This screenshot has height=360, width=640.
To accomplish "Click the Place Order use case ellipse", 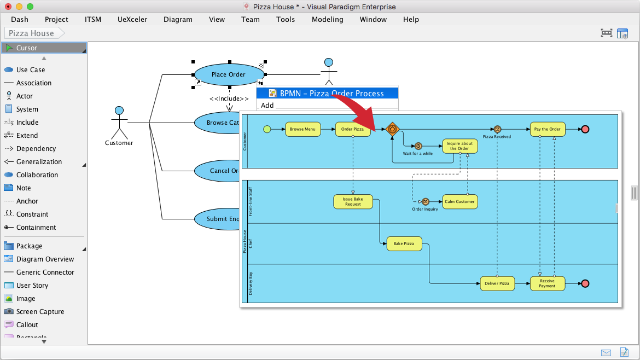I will click(x=229, y=74).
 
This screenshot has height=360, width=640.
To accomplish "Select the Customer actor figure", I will click(x=119, y=123).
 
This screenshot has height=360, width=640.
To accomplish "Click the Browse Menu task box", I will click(x=302, y=129).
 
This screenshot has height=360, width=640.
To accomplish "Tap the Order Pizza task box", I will click(x=352, y=129).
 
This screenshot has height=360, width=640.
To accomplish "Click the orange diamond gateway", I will click(x=392, y=129).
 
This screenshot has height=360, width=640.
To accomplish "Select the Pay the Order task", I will click(x=547, y=129).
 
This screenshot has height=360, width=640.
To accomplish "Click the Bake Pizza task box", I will click(x=404, y=243).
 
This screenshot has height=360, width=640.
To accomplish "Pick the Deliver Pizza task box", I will click(x=497, y=283).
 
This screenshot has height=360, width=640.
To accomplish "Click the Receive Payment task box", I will click(x=547, y=283).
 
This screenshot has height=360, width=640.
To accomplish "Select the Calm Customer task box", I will click(x=459, y=201).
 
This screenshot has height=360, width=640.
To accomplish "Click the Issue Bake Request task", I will click(x=353, y=201).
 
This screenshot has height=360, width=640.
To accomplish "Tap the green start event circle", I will click(x=267, y=129).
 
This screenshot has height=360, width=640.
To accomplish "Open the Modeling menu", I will click(x=327, y=19).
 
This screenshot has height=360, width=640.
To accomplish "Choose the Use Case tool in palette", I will click(x=31, y=70).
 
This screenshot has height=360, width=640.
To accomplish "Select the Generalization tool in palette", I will click(x=39, y=162).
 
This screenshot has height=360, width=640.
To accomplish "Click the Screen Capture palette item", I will click(x=40, y=312).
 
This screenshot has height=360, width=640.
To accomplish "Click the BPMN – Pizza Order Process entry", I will click(x=331, y=94).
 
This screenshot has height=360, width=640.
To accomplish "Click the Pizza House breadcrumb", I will click(x=32, y=33).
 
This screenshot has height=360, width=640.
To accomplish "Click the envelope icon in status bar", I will click(x=606, y=352).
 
